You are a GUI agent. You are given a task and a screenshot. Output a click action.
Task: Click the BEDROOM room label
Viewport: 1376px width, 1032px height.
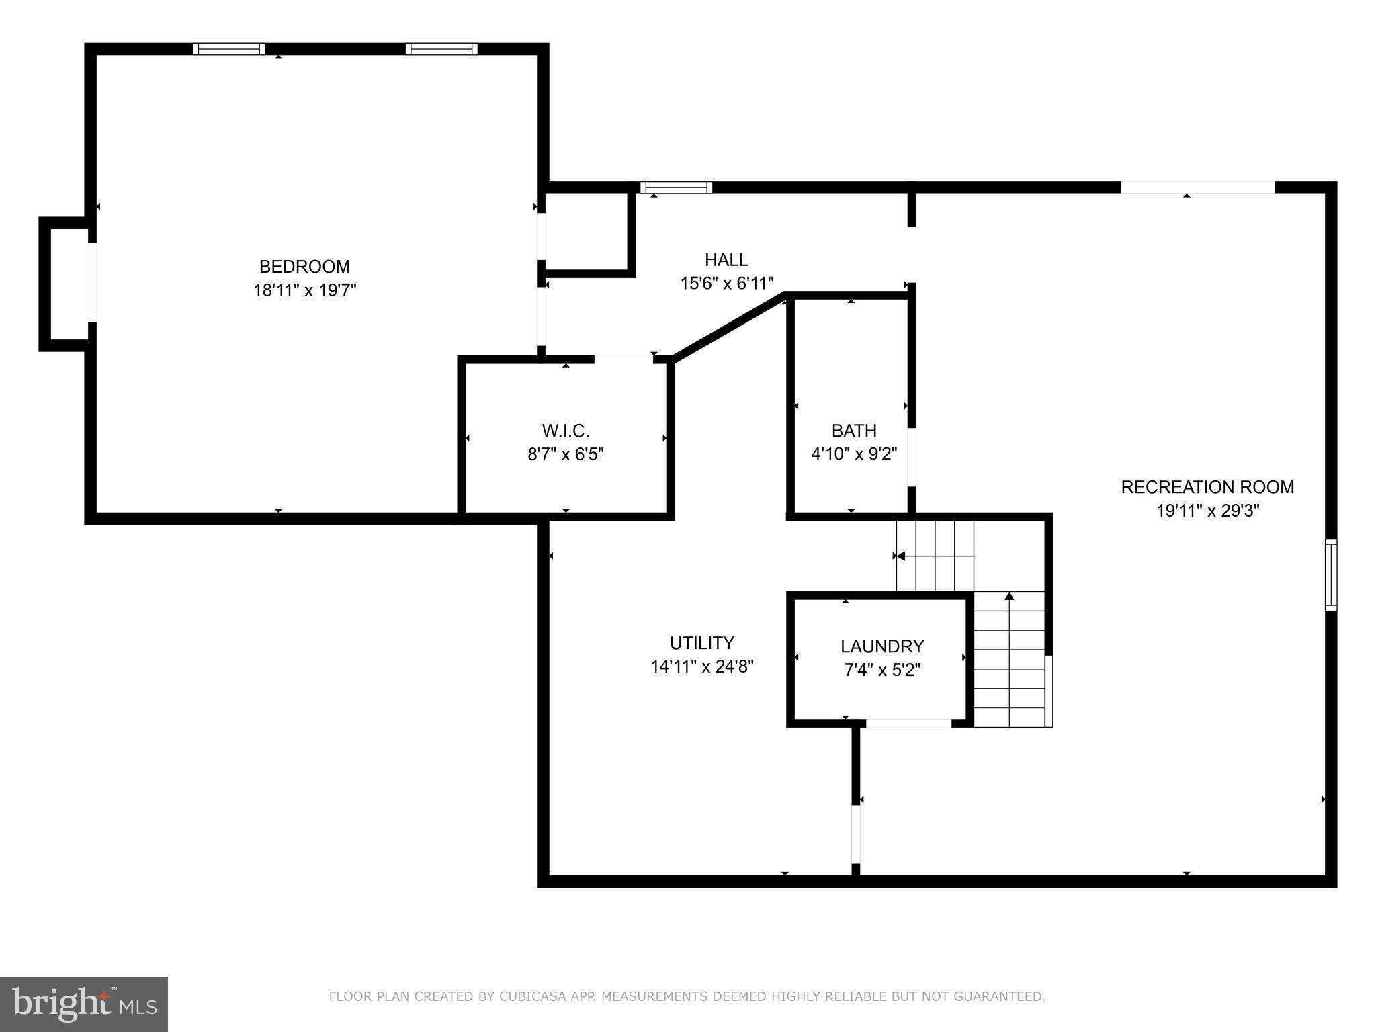[x=304, y=267]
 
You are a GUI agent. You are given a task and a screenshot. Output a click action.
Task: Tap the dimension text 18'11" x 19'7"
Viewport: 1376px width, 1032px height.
[x=304, y=290]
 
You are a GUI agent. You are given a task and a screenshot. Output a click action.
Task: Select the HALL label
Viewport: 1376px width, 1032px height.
[x=726, y=259]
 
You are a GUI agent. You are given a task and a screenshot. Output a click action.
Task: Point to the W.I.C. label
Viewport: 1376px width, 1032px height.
[x=565, y=430]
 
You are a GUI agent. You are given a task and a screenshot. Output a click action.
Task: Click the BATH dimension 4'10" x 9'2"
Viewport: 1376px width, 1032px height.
[x=854, y=454]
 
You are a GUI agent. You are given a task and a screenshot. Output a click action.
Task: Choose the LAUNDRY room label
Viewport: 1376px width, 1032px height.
[x=881, y=646]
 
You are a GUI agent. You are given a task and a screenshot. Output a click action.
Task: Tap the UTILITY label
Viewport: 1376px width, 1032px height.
[x=701, y=643]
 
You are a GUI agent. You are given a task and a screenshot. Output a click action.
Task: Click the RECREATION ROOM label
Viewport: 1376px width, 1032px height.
[x=1207, y=487]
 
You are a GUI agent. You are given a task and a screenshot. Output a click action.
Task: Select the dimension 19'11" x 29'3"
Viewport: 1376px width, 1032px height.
[x=1207, y=511]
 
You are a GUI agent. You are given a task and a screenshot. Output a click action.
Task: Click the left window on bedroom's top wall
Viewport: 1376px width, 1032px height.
[x=229, y=49]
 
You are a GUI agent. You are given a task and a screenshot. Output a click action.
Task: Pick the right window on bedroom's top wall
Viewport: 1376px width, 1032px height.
[x=441, y=49]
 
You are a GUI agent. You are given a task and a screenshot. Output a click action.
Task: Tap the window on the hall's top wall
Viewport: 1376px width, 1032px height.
[x=676, y=187]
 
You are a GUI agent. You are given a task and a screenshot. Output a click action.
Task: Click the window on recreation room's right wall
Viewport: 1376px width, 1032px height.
[x=1330, y=574]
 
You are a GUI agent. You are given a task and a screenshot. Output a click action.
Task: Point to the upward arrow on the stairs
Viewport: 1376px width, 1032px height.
[x=1008, y=596]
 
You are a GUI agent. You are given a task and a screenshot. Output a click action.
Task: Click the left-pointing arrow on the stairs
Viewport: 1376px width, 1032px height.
[x=900, y=556]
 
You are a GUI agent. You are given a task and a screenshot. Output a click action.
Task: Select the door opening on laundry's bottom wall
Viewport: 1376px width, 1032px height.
[x=908, y=723]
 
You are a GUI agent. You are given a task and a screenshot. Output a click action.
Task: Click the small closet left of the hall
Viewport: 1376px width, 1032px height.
[x=587, y=232]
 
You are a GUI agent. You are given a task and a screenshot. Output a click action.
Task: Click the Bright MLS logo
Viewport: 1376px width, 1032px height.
[x=84, y=1004]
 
